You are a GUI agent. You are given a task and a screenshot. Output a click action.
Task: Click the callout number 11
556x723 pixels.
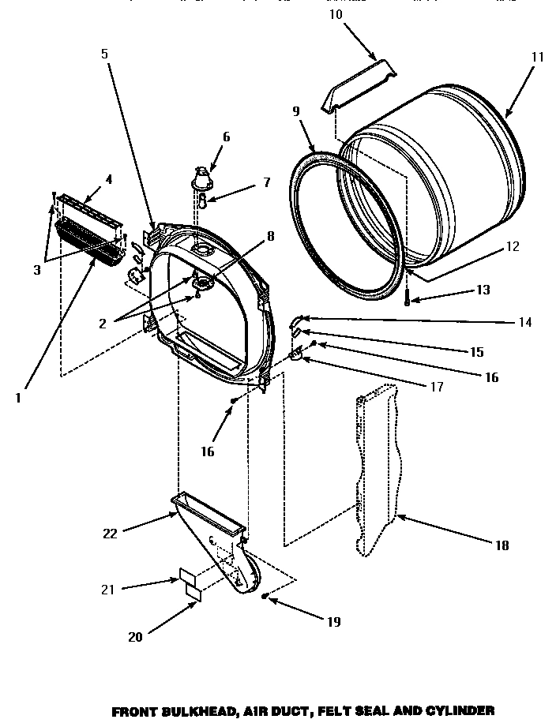coord(537,57)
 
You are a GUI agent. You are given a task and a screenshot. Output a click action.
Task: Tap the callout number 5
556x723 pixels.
coord(104,54)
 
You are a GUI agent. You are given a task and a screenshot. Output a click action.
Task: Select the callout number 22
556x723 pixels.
coord(110,534)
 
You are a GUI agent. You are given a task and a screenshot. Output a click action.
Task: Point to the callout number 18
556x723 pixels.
coord(503,545)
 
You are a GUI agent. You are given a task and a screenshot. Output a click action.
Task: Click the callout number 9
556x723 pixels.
coord(296,111)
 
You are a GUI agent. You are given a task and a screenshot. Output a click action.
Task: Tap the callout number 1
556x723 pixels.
coord(17,398)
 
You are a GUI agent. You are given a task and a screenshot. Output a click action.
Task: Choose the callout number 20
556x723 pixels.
coord(135,637)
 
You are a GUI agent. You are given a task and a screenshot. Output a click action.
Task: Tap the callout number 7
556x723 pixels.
coord(266,182)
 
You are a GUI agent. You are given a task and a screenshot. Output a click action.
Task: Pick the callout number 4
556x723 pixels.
coord(108,179)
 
